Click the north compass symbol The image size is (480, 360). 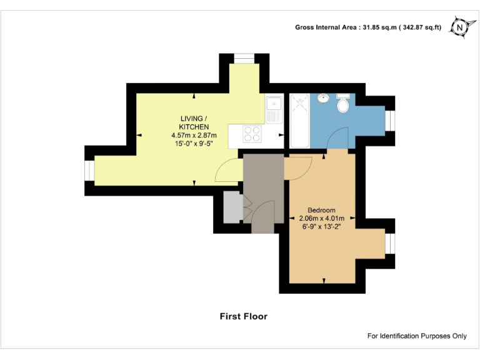coord(461,27)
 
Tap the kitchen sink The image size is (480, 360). coord(273,110)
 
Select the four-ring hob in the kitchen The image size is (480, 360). coord(252,134)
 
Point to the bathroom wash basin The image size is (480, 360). coord(324,98)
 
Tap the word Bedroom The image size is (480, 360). coord(322,210)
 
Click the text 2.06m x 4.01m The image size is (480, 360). coord(322,218)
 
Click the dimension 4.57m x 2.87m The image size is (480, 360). coord(194,135)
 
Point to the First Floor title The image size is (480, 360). coord(243,316)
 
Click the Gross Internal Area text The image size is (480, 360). coord(368,27)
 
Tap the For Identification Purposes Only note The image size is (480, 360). coord(417,336)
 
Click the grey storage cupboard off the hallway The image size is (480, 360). coord(231,207)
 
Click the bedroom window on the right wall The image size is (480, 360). coord(389,243)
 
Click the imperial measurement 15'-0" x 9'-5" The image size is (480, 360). coord(194,143)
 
